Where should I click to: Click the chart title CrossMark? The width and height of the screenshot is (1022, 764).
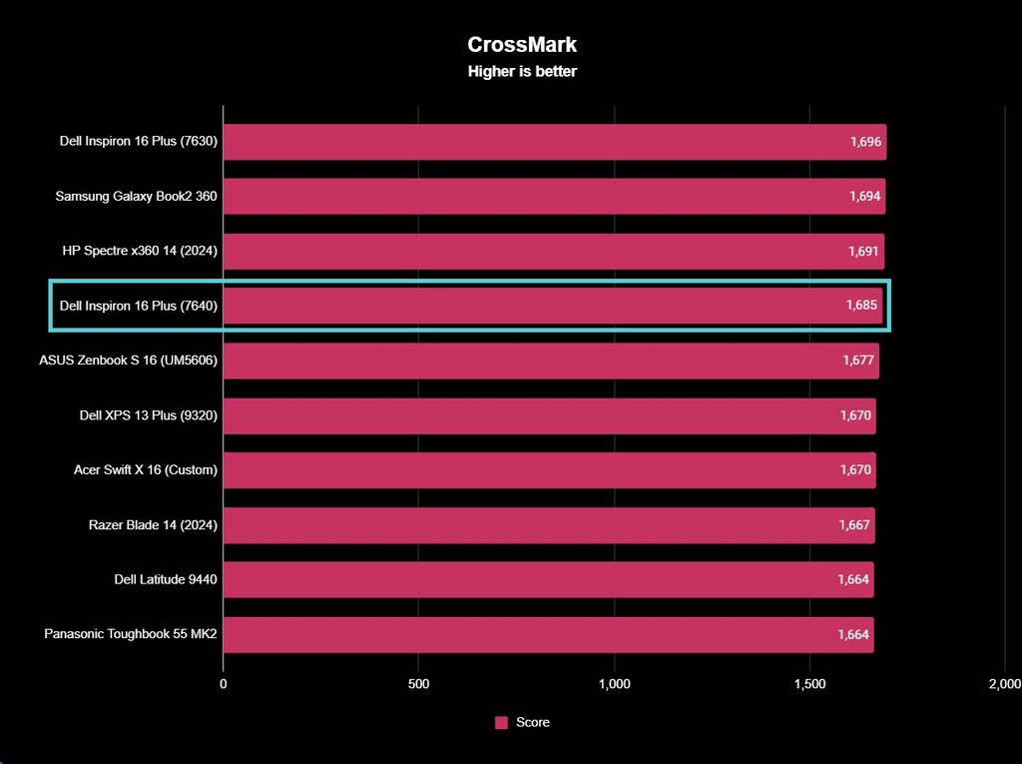tap(522, 44)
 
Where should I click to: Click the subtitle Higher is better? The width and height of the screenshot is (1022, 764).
tap(522, 72)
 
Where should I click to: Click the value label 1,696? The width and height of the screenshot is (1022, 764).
tap(865, 142)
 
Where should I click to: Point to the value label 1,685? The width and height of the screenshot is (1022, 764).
tap(861, 306)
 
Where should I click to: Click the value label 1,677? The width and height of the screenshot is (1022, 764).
tap(858, 361)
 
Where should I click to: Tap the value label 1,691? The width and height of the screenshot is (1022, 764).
tap(863, 251)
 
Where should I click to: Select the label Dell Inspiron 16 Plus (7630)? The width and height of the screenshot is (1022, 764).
tap(138, 142)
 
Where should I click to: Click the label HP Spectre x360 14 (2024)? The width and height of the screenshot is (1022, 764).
tap(139, 251)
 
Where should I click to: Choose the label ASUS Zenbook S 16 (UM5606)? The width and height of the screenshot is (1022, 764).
tap(128, 361)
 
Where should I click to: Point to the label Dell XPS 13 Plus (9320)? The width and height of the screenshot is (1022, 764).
tap(148, 415)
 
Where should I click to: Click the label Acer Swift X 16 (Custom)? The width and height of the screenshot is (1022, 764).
tap(145, 469)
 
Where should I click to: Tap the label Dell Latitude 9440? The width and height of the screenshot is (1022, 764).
tap(166, 579)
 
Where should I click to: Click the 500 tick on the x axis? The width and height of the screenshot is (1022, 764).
tap(419, 684)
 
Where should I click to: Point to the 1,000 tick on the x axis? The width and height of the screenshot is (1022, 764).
tap(615, 684)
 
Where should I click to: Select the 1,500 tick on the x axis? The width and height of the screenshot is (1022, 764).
tap(810, 684)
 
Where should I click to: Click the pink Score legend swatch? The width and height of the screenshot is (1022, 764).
tap(502, 723)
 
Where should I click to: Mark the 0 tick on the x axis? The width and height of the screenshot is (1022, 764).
tap(224, 684)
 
